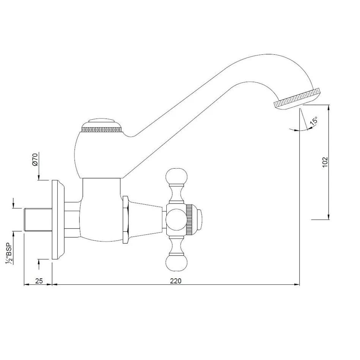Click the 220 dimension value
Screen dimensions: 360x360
(x=176, y=281)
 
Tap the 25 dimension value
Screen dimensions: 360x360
(x=39, y=281)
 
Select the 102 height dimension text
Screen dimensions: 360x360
(x=325, y=162)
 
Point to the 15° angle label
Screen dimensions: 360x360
(x=314, y=121)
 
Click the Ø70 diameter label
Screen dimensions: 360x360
(x=35, y=159)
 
